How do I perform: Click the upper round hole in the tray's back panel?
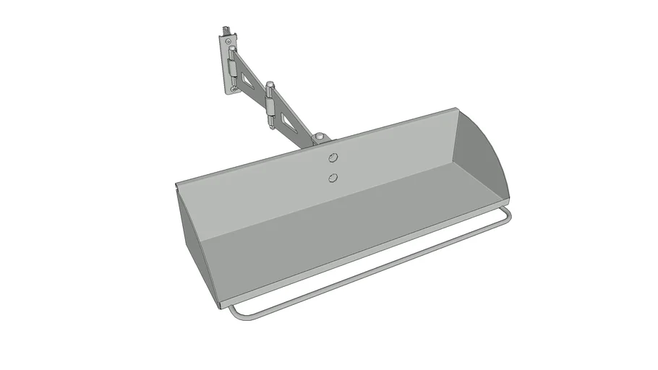coord(333,158)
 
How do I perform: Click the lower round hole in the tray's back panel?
coord(332,177)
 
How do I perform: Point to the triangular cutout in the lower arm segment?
coord(290,120)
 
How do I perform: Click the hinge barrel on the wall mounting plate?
coord(231,71)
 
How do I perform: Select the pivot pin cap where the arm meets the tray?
coord(318,135)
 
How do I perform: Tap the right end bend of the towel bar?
coord(508,215)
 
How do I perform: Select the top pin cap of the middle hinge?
coord(269,85)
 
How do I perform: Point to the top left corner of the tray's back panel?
coord(176,184)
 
